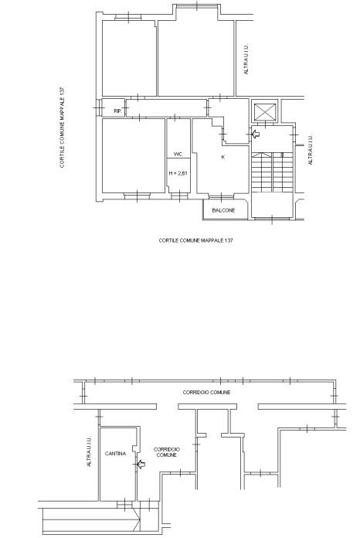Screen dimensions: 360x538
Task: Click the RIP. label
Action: (117, 111)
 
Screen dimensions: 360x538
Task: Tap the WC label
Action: (178, 155)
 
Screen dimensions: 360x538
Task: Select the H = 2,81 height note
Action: (178, 173)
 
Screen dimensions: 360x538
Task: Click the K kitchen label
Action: (223, 157)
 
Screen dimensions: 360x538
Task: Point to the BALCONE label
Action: (223, 210)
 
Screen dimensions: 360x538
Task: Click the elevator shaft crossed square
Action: (265, 112)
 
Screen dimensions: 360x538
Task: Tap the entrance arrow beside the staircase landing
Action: (256, 134)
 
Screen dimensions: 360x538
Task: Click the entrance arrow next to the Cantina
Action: (141, 465)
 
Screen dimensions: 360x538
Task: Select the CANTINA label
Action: (116, 453)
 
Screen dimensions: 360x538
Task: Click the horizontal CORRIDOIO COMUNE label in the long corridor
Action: (206, 392)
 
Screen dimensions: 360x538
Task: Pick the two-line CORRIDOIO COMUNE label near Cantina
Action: (167, 452)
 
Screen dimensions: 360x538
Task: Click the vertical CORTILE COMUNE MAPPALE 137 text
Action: (62, 128)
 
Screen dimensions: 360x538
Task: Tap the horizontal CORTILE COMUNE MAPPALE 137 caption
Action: (195, 240)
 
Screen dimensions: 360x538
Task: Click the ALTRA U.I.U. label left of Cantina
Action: (90, 451)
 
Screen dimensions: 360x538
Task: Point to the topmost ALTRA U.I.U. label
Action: (246, 59)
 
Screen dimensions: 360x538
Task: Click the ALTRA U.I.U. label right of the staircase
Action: (311, 150)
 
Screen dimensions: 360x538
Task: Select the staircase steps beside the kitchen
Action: (272, 172)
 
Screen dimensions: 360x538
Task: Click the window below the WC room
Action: (179, 196)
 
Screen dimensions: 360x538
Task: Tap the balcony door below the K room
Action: (221, 196)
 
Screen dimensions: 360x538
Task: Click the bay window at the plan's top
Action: (197, 6)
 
